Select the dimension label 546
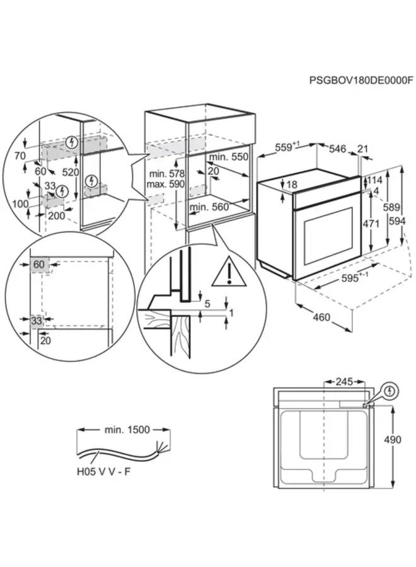point(338,149)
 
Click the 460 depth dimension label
point(321,318)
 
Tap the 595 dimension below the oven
point(354,278)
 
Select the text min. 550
point(229,157)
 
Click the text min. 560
point(209,206)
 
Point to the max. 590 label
point(166,184)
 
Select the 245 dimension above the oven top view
point(344,382)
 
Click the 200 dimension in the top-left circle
point(56,215)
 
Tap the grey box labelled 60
point(39,265)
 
